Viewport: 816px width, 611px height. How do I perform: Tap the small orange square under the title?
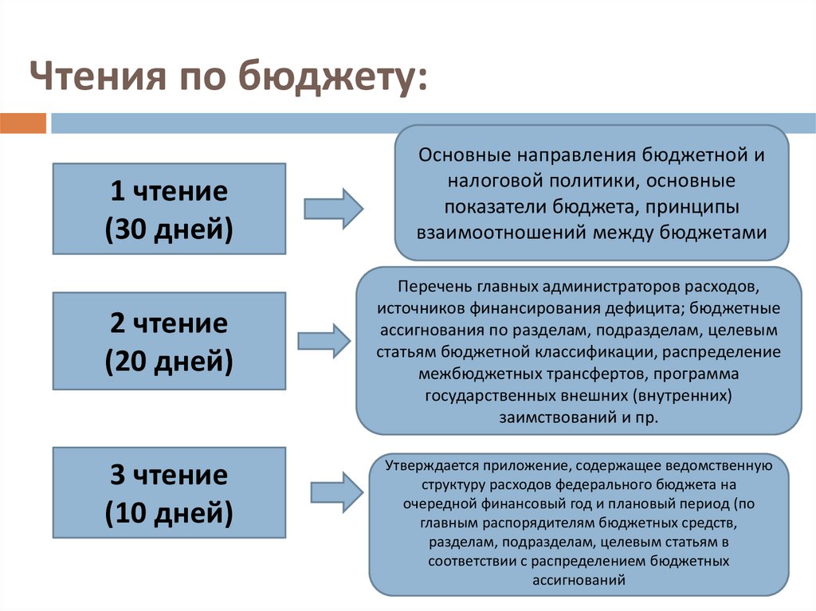pyautogui.click(x=23, y=123)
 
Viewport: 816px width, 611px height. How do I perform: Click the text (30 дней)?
pyautogui.click(x=169, y=229)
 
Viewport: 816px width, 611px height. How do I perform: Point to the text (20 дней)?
pyautogui.click(x=169, y=362)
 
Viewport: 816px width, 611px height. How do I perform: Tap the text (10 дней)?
pyautogui.click(x=169, y=513)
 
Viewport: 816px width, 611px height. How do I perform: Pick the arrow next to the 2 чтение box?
pyautogui.click(x=324, y=340)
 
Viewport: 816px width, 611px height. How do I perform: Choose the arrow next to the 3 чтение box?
pyautogui.click(x=336, y=492)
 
